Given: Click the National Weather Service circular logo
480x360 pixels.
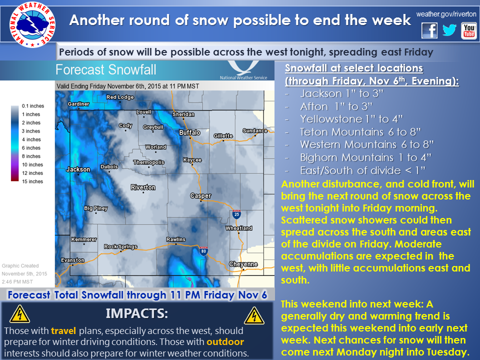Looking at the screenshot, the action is point(32,24).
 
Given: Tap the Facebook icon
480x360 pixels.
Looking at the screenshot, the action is point(429,30).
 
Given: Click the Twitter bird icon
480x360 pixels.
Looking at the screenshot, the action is point(449,30).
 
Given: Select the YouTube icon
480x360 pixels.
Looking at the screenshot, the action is point(468,31).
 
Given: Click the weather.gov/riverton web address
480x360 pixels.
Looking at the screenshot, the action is point(446,14).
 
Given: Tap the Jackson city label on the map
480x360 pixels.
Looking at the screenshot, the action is point(78,169).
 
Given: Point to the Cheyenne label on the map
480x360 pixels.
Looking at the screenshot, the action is point(243,264).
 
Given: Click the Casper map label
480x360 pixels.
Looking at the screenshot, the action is point(200,195).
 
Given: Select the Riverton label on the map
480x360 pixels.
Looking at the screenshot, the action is point(143,187).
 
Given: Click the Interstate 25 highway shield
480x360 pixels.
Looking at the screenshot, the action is point(236,214).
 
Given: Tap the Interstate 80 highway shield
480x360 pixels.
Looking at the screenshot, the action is point(203,250).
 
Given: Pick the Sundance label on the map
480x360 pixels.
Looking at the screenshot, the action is point(255,130).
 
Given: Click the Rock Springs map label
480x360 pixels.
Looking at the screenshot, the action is point(120,246).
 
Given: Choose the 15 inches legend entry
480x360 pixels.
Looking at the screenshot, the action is point(32,181).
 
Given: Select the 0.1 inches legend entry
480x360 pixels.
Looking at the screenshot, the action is point(33,106).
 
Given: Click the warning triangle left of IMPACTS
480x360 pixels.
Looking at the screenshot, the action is point(19,314).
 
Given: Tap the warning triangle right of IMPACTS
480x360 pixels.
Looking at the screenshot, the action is point(254,315).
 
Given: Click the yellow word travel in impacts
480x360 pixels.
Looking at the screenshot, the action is point(63,331).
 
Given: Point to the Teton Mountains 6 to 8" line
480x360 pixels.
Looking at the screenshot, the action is point(360,132).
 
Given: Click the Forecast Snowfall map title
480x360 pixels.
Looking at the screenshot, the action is point(106,70).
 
